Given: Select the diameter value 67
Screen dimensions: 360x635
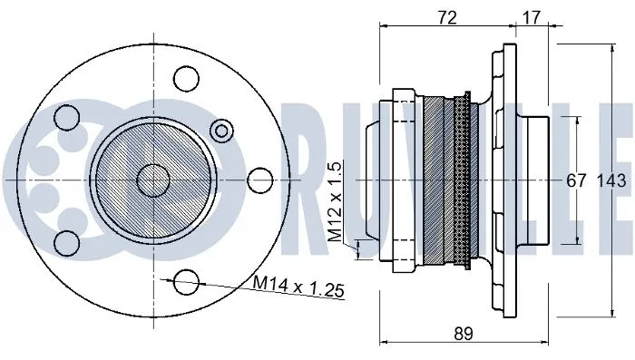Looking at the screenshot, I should point(577,180).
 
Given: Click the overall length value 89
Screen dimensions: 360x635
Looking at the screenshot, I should point(464,334).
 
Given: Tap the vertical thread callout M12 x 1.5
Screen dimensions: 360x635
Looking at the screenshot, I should point(335,204).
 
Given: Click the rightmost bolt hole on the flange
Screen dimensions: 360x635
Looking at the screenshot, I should point(261,180).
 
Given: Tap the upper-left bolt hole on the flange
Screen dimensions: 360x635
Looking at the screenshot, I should point(66,118).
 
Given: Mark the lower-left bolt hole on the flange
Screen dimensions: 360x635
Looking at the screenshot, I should point(66,242).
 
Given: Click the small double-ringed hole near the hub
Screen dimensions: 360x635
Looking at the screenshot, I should point(220,131).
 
